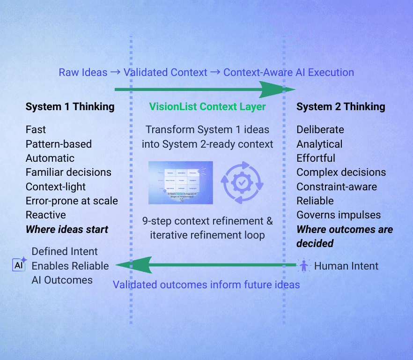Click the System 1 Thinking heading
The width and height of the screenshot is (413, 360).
coord(70,107)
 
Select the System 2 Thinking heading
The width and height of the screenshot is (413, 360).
coord(340,107)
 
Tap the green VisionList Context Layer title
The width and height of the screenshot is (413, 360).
coord(207,107)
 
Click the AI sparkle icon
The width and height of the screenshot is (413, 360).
coord(19,265)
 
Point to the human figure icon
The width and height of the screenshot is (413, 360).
coord(304,266)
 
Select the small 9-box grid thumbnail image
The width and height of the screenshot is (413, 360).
coord(181,183)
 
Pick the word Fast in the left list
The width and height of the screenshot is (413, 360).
coord(36,130)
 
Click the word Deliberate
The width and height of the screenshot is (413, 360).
coord(320,130)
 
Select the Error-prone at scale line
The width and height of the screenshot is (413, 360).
coord(72,201)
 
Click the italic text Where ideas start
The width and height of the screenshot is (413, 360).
coord(67,230)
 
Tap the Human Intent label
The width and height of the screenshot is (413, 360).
coord(346,266)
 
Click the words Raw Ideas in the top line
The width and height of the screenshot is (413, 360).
coord(83,73)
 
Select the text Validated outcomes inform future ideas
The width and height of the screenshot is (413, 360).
coord(206,285)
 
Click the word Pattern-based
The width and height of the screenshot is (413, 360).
coord(59,144)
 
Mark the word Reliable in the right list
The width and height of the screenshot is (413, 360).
coord(315,201)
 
